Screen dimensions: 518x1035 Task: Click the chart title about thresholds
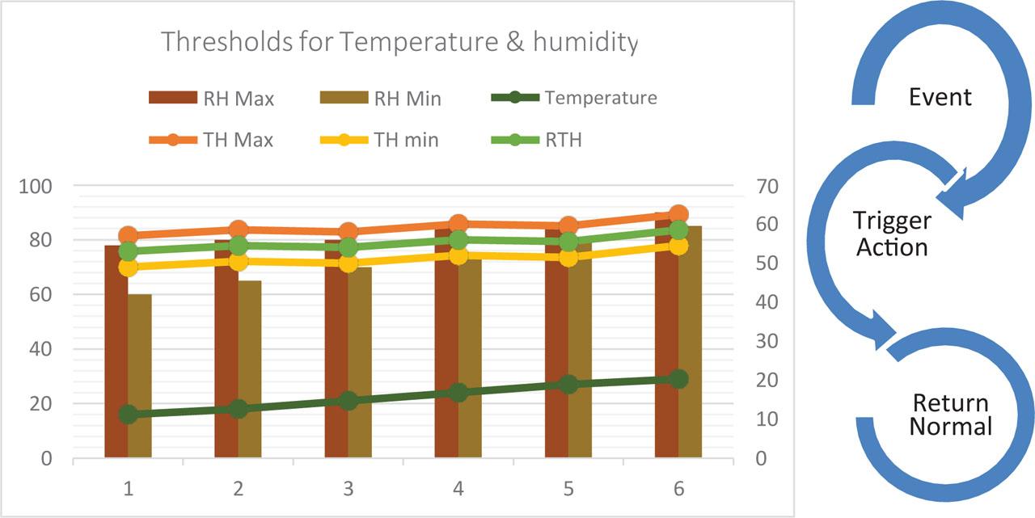(399, 41)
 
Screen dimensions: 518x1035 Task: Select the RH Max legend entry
(212, 99)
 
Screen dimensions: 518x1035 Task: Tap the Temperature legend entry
(574, 98)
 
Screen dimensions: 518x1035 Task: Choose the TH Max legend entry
(212, 139)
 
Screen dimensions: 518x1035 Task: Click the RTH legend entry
(538, 139)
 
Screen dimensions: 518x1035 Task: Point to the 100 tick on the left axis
(36, 186)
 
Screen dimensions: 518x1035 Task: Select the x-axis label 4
(458, 488)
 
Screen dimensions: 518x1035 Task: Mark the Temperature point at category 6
(678, 379)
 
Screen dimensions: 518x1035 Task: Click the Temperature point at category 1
(128, 415)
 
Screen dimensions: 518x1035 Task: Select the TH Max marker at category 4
(458, 224)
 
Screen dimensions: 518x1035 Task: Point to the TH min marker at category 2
(238, 261)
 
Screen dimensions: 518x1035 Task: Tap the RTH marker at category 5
(568, 241)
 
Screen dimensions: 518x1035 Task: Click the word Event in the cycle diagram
(940, 98)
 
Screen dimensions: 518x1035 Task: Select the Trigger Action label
(892, 233)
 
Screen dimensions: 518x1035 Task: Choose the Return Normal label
(950, 415)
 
